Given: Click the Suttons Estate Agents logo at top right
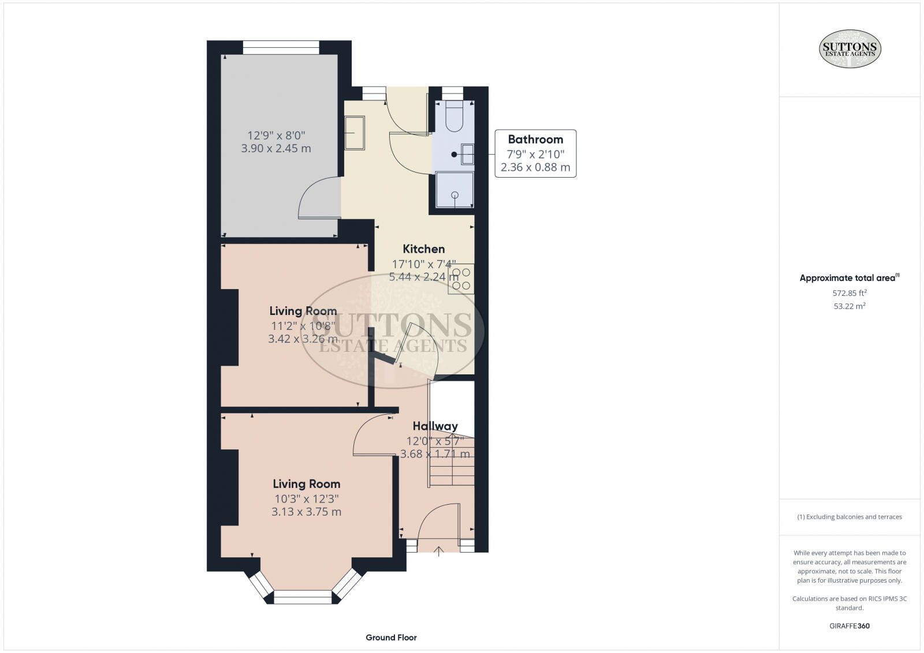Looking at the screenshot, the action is [850, 48].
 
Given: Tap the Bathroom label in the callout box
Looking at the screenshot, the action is [535, 139].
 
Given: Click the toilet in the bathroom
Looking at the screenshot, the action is [454, 116].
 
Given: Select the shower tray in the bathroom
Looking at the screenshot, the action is [454, 190].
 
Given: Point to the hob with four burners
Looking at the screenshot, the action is [461, 279].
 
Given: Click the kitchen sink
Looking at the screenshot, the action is [355, 133].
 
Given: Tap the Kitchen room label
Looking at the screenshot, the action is [424, 249].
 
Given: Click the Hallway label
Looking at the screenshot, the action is [435, 426].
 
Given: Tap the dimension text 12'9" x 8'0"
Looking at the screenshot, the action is [276, 135].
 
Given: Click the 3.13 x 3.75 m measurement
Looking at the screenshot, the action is [306, 512].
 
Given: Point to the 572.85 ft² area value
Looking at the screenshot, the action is [850, 293].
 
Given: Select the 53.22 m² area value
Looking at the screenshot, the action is [850, 306].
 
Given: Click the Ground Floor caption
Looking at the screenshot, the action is [391, 638].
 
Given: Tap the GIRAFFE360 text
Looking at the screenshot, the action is [850, 626].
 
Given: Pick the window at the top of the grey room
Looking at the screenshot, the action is [281, 47].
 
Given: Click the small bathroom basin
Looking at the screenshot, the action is [467, 155].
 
